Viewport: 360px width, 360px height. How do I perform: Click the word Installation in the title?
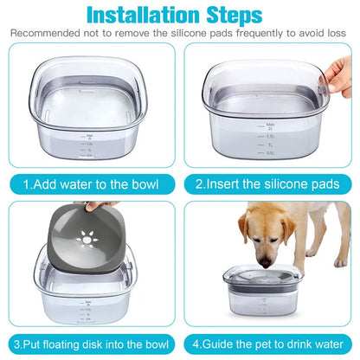[144, 15]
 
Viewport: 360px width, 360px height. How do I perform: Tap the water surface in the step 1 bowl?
[91, 95]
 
